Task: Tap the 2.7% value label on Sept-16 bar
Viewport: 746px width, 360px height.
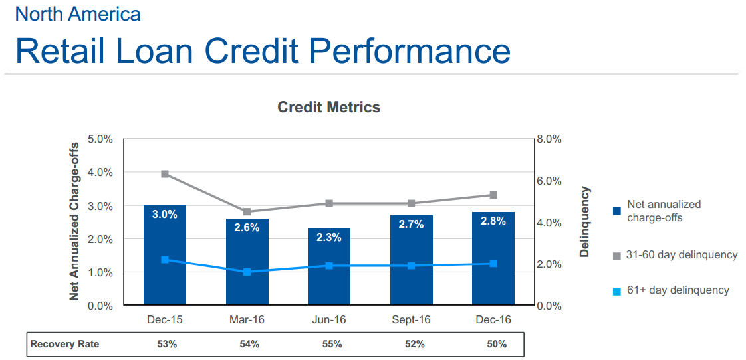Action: click(x=411, y=225)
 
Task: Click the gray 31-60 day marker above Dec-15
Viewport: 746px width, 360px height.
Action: click(x=165, y=174)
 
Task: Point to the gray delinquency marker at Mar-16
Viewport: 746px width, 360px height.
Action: click(x=247, y=212)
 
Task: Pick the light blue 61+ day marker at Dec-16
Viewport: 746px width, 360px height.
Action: click(x=493, y=264)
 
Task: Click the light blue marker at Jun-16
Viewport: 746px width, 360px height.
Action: click(x=329, y=266)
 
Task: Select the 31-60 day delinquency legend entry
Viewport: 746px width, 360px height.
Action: click(x=681, y=255)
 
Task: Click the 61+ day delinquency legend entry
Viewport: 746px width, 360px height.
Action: click(x=677, y=290)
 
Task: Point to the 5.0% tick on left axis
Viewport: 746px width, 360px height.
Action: click(x=100, y=139)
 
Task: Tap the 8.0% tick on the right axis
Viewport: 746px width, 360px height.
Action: click(x=549, y=139)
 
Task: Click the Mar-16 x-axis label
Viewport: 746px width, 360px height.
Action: click(x=247, y=320)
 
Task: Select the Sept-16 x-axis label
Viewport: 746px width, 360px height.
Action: click(x=411, y=320)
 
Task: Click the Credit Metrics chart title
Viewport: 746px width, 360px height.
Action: click(x=328, y=107)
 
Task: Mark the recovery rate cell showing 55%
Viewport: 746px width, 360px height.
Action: click(x=329, y=344)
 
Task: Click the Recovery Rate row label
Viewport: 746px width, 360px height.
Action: click(x=65, y=344)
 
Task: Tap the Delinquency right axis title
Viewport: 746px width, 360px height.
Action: click(x=584, y=222)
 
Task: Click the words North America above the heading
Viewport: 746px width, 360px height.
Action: click(x=78, y=13)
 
